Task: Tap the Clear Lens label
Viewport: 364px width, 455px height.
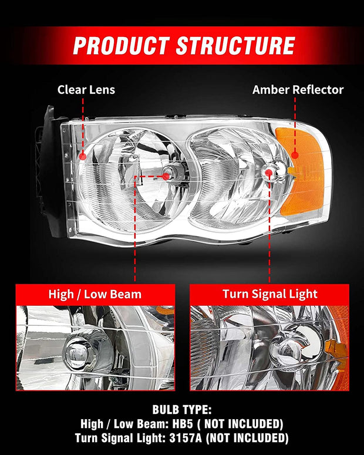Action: coord(86,90)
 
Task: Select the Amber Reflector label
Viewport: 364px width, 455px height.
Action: coord(298,90)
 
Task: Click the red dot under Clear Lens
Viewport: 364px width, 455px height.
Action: coord(83,157)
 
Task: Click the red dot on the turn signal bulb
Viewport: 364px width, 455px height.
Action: coord(269,173)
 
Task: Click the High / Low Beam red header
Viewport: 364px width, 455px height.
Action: coord(95,294)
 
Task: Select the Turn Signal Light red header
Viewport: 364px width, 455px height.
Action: coord(269,294)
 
